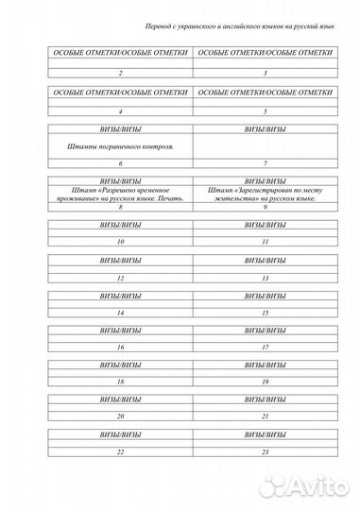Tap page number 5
click(266, 110)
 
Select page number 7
click(266, 163)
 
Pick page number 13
click(266, 279)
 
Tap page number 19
click(266, 382)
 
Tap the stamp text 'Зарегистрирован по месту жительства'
click(266, 195)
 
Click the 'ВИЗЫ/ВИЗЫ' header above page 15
click(266, 296)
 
